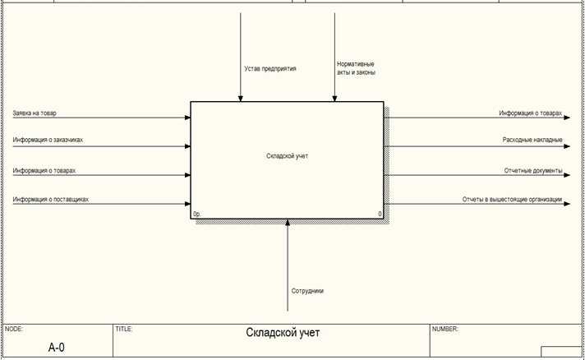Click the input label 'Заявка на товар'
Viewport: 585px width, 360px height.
pos(35,113)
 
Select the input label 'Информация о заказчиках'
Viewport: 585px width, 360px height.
pos(48,140)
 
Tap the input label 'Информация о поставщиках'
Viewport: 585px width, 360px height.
pos(51,199)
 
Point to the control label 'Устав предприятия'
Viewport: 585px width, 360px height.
pos(270,69)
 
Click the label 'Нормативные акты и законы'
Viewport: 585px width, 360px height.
pos(356,68)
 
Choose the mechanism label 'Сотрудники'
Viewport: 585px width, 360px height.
pos(307,291)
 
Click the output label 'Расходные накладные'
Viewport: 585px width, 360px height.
pos(532,140)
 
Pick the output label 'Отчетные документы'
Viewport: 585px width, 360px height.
pos(533,170)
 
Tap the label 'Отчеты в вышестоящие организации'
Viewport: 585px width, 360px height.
pos(512,199)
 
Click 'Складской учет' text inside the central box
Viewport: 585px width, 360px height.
pos(288,156)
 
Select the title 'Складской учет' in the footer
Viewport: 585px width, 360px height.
pos(283,332)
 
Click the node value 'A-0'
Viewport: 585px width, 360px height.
pos(57,348)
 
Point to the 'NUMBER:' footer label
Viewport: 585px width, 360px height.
pos(445,329)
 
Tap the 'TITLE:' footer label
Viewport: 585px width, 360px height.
pos(124,329)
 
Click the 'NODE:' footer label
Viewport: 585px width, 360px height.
pos(14,329)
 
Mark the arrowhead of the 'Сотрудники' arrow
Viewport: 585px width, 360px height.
pos(288,222)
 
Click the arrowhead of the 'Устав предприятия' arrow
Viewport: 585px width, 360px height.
pos(240,99)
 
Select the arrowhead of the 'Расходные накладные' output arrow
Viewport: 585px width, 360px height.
pos(567,146)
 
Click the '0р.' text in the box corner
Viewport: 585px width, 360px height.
pos(196,215)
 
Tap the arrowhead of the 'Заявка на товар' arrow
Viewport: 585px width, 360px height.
pos(187,118)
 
